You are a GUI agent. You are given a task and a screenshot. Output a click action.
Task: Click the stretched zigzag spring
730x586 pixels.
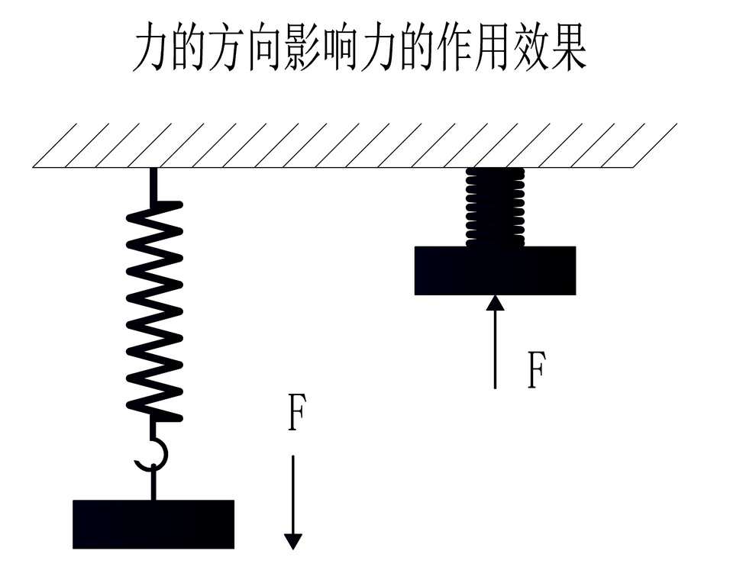[x=154, y=313]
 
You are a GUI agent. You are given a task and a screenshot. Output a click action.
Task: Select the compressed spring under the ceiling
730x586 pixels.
[x=495, y=207]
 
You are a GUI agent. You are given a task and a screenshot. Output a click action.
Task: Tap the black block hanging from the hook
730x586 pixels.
[x=153, y=524]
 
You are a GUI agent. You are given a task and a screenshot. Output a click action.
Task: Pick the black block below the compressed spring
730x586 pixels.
[x=495, y=270]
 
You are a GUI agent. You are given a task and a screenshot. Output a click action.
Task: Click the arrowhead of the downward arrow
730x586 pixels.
[x=293, y=541]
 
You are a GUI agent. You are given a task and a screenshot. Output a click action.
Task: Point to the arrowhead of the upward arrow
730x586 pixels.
[x=495, y=303]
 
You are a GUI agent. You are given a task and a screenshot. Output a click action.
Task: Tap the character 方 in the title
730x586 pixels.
[x=227, y=50]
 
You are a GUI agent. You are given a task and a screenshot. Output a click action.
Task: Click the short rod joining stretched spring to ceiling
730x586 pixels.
[x=153, y=185]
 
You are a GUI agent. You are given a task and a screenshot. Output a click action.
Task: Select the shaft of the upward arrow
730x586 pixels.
[x=495, y=351]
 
